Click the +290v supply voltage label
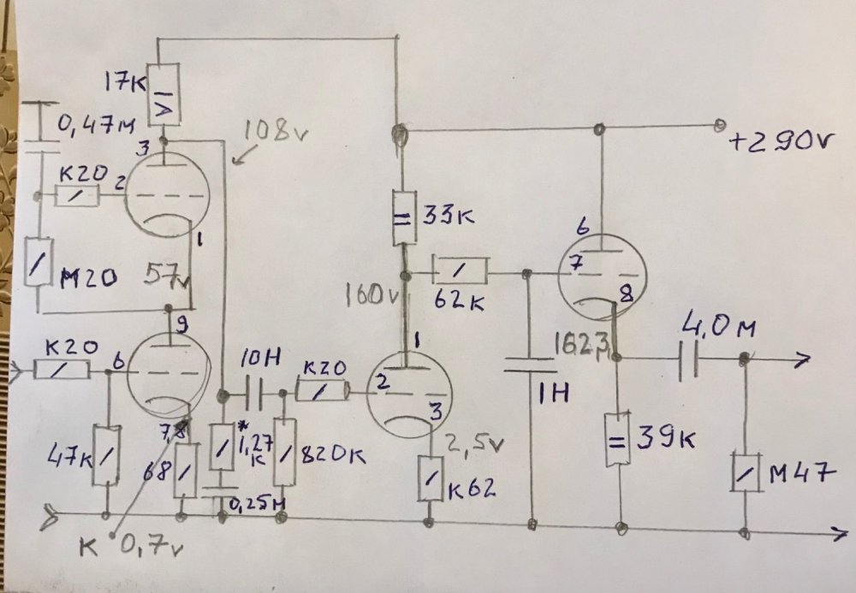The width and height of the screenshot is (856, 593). click(779, 141)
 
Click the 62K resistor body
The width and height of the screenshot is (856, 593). click(461, 271)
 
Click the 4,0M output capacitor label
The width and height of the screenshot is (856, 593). click(710, 328)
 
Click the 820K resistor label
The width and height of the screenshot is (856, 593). click(333, 455)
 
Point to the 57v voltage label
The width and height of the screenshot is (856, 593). click(169, 276)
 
